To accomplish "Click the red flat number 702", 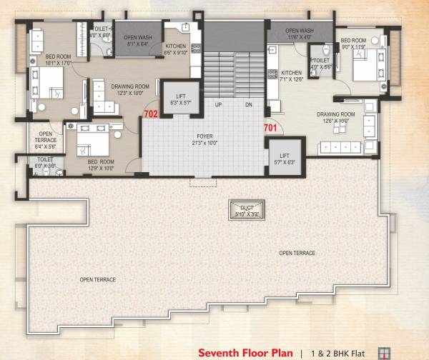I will tap(150, 114).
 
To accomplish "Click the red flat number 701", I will tap(270, 128).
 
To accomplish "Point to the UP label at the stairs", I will tap(219, 104).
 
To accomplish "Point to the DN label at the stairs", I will tap(248, 104).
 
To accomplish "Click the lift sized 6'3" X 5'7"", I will tap(174, 99).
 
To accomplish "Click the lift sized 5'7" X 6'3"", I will tap(284, 157).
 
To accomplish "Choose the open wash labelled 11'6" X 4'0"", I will tap(299, 34).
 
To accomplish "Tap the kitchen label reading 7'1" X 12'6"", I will tap(292, 76).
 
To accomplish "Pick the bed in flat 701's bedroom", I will tap(366, 69).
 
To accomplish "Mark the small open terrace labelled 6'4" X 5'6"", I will tap(45, 140).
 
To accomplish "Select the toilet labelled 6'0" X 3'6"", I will tap(45, 164).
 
